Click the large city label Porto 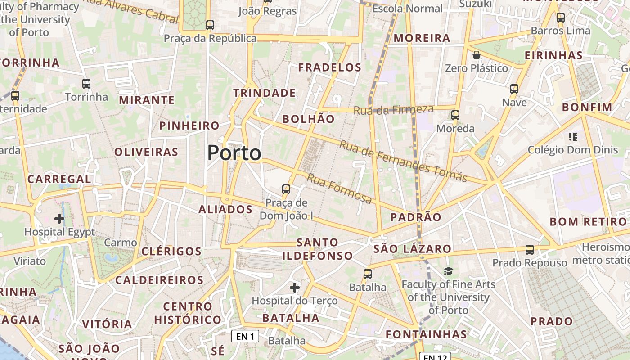point(234,153)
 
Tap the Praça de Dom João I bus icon point(286,189)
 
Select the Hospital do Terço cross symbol point(295,287)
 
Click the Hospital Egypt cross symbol point(59,219)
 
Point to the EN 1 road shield point(245,336)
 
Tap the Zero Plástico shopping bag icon point(477,55)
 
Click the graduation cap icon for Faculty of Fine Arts point(448,271)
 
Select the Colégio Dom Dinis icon point(573,136)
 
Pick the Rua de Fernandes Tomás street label point(403,162)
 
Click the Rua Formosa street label point(339,188)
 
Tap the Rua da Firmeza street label point(393,109)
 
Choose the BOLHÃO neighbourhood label point(308,119)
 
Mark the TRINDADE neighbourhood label point(265,93)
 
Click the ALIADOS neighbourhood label point(225,209)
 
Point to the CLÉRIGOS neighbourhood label point(171,251)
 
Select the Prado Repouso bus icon point(530,249)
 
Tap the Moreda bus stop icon point(455,115)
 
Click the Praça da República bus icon point(210,25)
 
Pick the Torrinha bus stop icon point(86,84)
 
